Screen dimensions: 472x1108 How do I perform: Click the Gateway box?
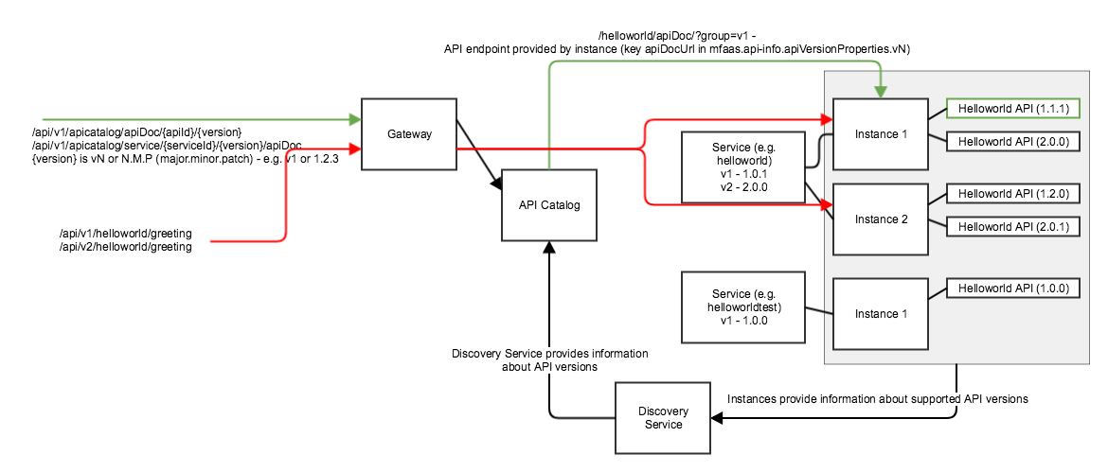point(409,133)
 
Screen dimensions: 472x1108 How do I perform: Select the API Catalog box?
point(548,204)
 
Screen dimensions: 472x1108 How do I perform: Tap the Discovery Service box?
point(663,417)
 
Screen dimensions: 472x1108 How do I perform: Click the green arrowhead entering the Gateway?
point(355,119)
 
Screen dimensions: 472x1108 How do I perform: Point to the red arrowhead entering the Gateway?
point(355,149)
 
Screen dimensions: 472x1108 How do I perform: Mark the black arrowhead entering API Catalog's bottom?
point(548,247)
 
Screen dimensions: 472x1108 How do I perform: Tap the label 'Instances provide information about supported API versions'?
point(877,399)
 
